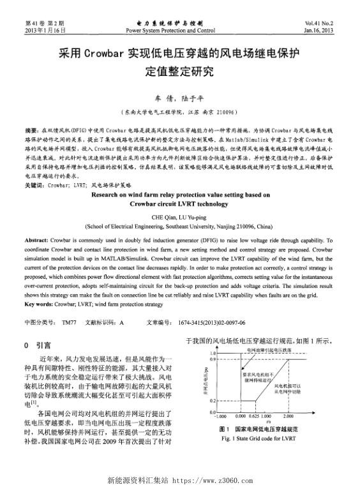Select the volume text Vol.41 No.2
[x=333, y=23]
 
